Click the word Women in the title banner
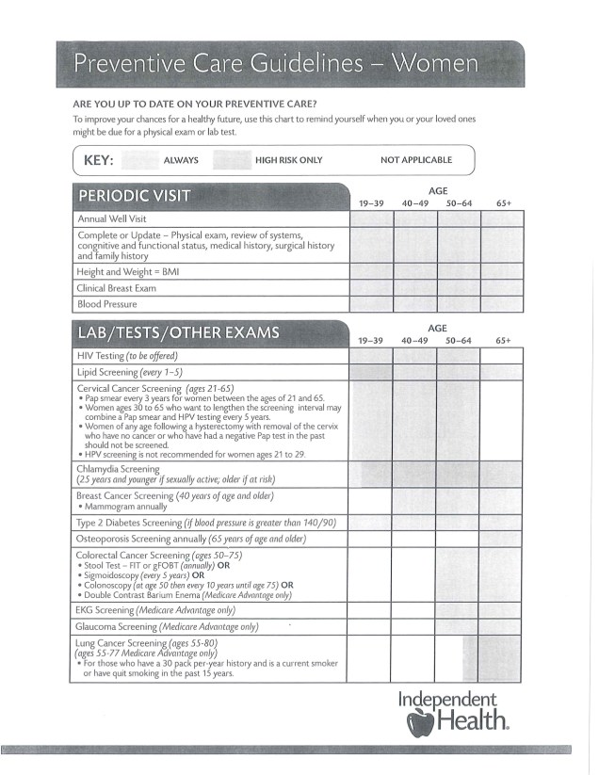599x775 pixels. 435,64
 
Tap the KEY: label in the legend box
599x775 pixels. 99,160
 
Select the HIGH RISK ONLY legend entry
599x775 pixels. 288,160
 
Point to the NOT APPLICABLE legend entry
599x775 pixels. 416,160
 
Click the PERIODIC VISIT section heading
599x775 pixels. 134,196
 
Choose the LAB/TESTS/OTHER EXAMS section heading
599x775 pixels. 178,332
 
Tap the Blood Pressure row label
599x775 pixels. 107,304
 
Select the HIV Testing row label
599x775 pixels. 127,356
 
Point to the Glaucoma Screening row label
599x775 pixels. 167,626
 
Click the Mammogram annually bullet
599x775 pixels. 125,507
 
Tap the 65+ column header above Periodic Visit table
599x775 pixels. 503,203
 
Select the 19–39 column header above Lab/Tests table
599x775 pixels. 371,340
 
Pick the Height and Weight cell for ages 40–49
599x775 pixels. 415,272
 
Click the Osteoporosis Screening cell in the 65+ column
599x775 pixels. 503,539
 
